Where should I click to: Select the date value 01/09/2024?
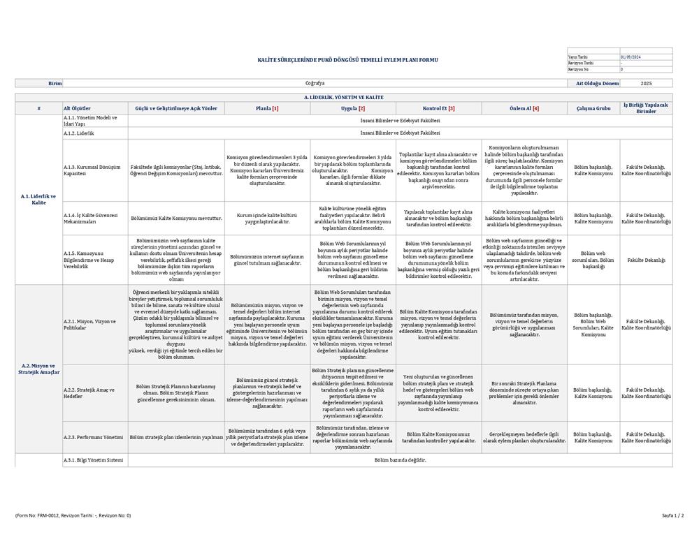coord(630,57)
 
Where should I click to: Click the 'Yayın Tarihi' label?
coord(577,57)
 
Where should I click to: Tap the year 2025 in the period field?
coord(646,83)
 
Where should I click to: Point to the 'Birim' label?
coord(55,83)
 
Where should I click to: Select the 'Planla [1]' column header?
coord(267,108)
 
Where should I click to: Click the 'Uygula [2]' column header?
coord(353,108)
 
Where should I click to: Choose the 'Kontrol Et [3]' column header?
coord(439,108)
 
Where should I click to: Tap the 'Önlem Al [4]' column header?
coord(524,108)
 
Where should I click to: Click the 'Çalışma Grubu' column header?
coord(593,108)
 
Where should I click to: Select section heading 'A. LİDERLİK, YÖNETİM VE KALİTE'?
coord(343,97)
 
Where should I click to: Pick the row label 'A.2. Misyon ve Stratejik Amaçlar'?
coord(38,369)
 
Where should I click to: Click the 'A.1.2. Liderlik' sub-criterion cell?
coord(79,133)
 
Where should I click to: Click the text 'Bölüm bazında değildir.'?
coord(400,460)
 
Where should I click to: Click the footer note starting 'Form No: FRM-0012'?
coord(73,516)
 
